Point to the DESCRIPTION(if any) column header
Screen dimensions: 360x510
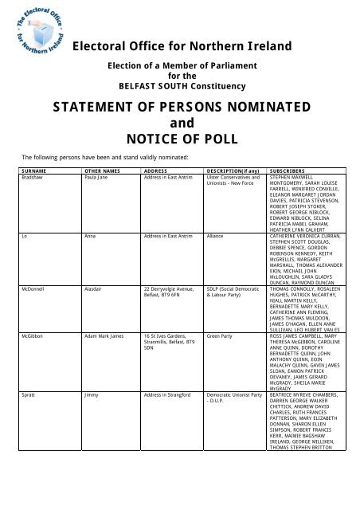click(233, 171)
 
